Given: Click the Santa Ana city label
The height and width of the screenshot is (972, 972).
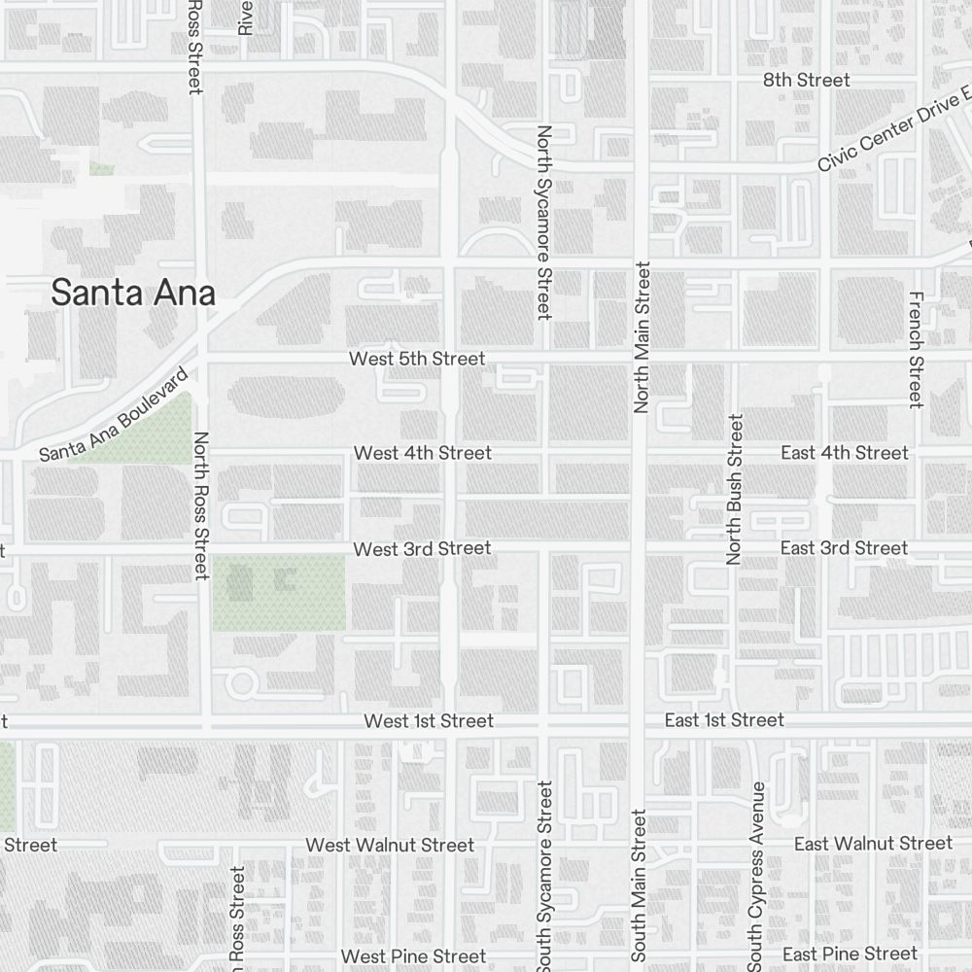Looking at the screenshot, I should (x=133, y=293).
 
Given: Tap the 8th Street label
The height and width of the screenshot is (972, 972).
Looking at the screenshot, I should (x=806, y=81).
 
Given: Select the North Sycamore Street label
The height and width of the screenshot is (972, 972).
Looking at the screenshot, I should (x=544, y=222).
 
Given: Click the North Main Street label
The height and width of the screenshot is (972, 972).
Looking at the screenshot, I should (x=641, y=336).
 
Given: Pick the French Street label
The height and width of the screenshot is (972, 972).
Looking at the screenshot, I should (x=915, y=349).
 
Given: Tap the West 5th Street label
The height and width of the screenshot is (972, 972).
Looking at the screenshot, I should (x=417, y=359).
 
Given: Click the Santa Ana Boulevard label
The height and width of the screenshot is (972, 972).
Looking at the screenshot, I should (x=113, y=415).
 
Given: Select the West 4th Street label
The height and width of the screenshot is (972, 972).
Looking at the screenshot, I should (x=423, y=453).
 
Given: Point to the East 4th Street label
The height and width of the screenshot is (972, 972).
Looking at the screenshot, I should (x=845, y=453).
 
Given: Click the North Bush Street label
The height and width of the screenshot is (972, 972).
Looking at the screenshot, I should (x=735, y=489).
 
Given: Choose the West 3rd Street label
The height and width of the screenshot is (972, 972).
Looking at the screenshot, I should (x=422, y=549).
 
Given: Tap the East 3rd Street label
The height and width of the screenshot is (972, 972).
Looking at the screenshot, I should (x=844, y=548).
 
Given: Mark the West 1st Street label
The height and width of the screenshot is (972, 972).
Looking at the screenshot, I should (x=429, y=721).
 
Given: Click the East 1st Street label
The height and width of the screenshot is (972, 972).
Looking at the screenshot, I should (x=724, y=720).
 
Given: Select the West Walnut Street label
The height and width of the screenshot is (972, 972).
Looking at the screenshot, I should (x=390, y=846).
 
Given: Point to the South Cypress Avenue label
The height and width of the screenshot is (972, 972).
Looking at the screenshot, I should (x=756, y=875).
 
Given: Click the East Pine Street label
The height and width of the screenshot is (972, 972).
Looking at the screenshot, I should (x=850, y=954).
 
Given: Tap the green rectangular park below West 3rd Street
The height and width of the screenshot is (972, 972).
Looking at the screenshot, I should (x=279, y=593).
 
